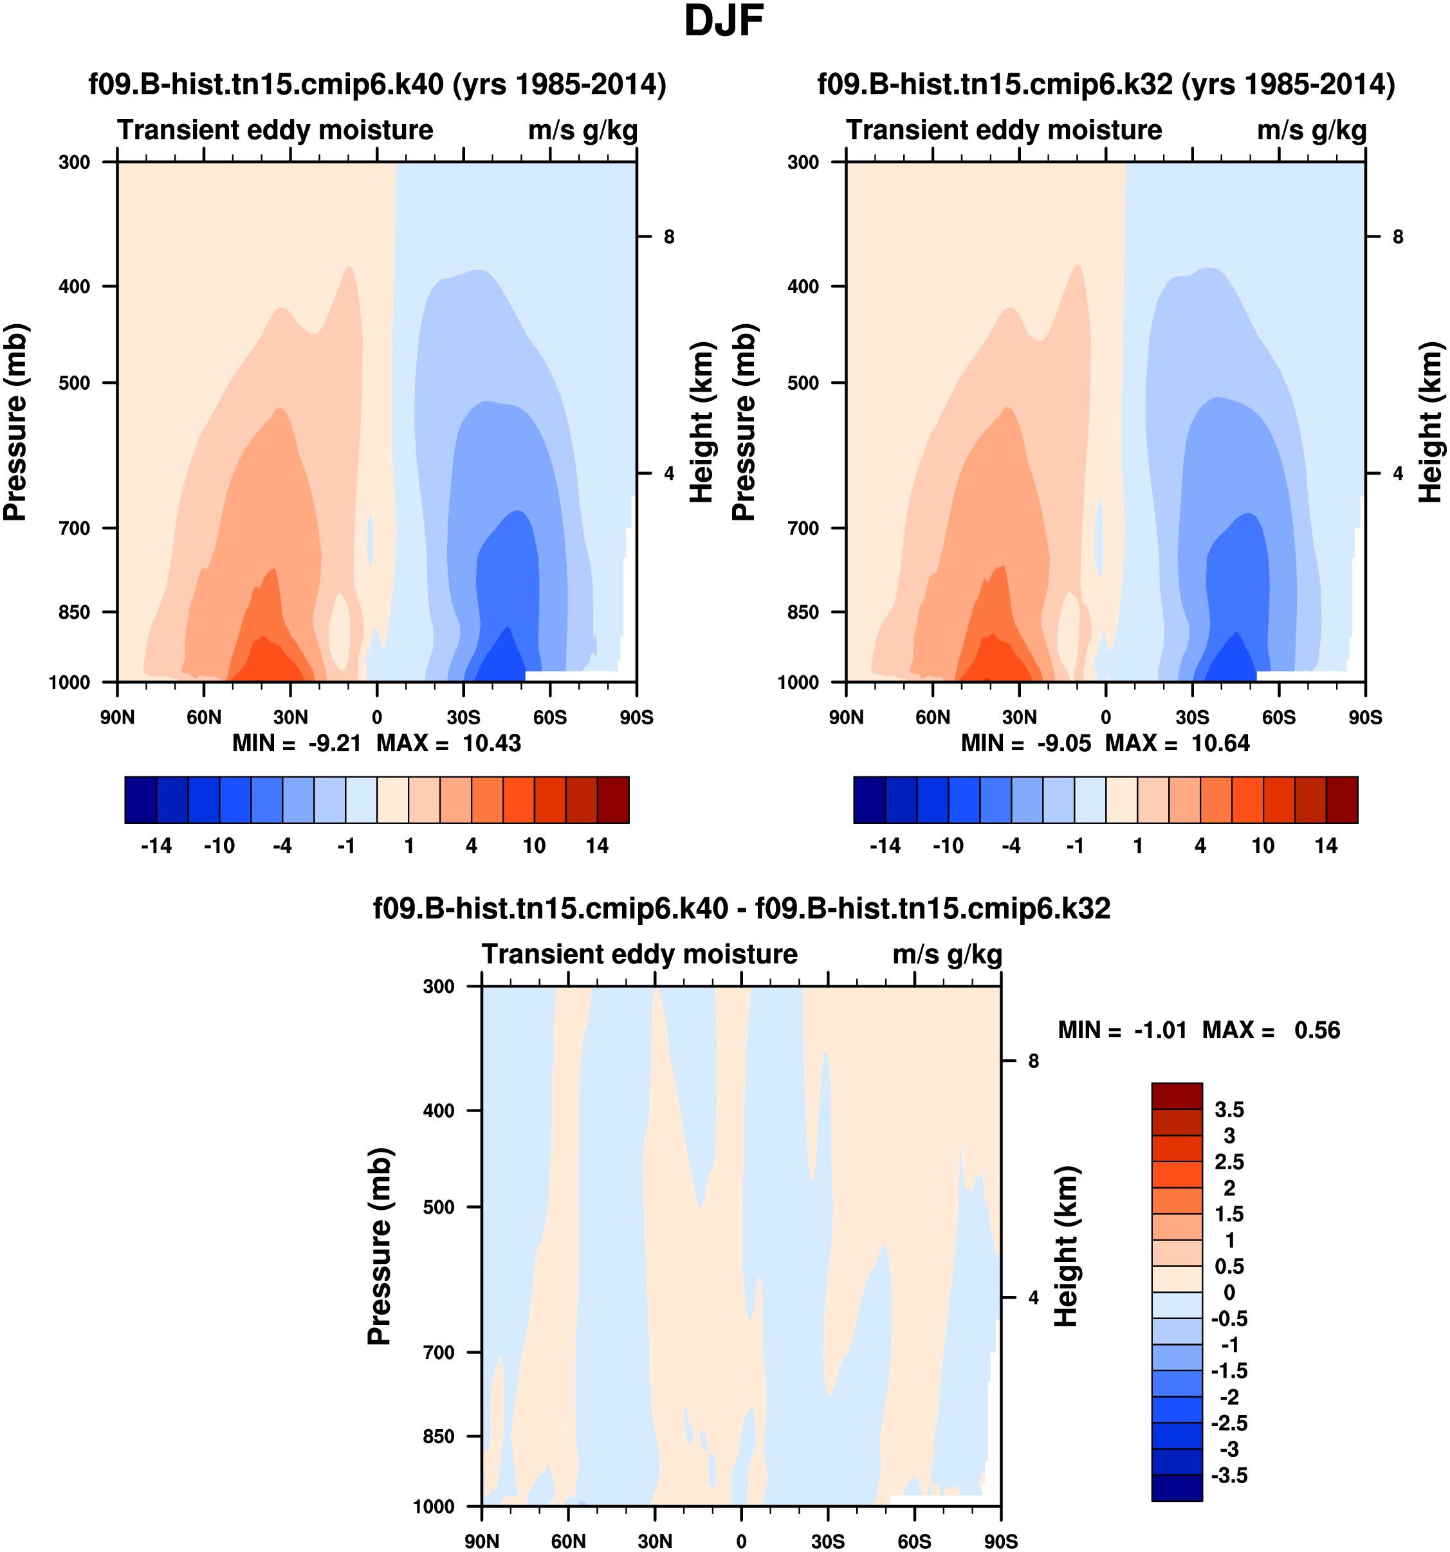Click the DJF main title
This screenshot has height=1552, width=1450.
point(723,22)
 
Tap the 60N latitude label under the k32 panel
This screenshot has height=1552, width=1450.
point(932,717)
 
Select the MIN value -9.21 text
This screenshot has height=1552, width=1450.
point(335,744)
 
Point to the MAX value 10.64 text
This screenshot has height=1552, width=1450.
point(1220,744)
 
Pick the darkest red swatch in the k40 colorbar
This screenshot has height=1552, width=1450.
point(613,799)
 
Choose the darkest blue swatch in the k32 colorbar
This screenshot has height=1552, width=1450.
point(870,799)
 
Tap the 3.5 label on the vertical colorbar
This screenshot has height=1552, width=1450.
point(1229,1110)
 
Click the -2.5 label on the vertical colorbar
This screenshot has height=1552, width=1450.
point(1229,1423)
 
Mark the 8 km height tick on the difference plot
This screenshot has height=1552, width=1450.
point(1033,1061)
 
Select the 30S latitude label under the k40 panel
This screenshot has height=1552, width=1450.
point(463,717)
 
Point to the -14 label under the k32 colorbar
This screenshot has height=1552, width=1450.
point(885,846)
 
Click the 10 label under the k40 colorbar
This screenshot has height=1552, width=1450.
point(534,846)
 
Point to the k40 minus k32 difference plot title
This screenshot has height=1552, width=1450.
point(741,909)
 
